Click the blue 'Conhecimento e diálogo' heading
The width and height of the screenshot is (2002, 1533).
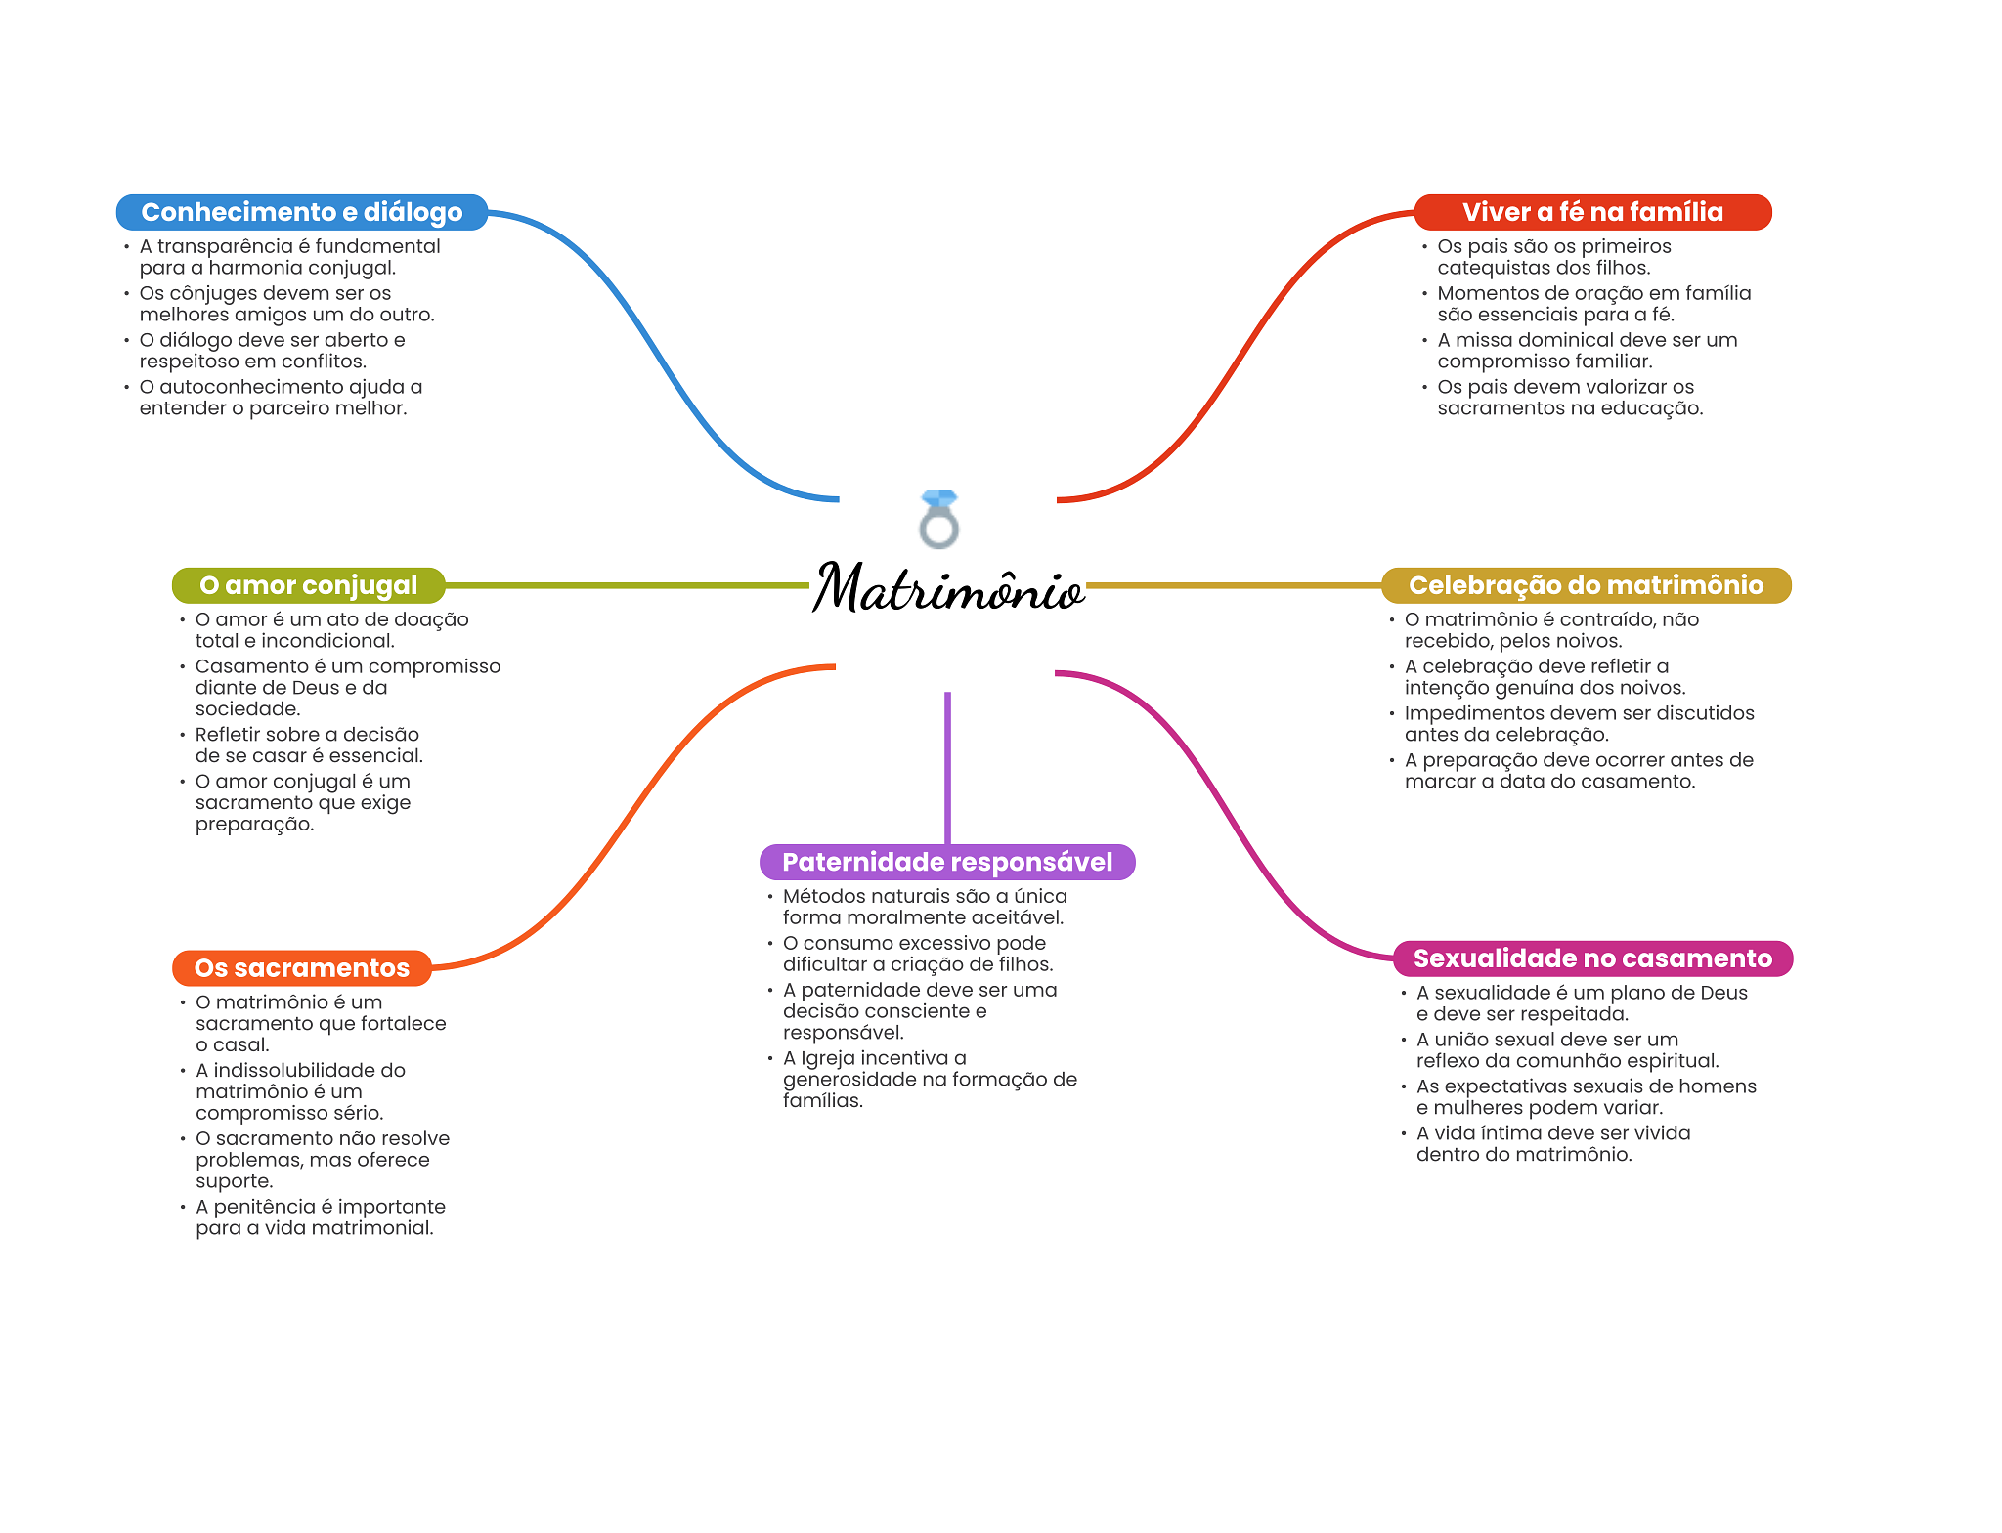point(301,212)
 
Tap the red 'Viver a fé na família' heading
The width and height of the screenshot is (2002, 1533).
point(1591,212)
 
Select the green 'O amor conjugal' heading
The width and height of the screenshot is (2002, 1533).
point(308,585)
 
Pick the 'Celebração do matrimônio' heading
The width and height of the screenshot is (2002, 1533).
point(1585,585)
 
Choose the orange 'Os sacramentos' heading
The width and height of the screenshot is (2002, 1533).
point(301,968)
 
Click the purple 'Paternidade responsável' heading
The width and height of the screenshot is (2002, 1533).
point(946,862)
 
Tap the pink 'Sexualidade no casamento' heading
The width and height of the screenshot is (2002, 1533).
point(1591,958)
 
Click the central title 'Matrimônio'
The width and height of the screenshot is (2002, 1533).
point(947,588)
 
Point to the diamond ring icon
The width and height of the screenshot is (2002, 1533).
point(939,519)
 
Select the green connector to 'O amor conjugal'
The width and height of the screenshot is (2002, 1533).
point(626,585)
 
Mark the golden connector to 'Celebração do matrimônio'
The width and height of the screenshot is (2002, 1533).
point(1232,585)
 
